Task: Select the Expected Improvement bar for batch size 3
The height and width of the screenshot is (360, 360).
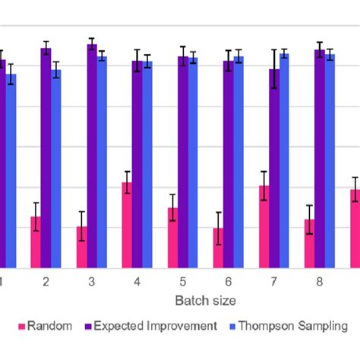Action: click(x=92, y=156)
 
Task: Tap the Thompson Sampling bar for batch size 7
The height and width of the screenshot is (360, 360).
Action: click(x=284, y=160)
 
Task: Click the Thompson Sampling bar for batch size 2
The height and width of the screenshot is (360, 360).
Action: click(x=56, y=168)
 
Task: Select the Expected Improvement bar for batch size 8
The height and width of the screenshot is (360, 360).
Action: click(x=320, y=158)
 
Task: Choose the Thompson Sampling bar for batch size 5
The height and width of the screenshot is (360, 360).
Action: click(x=193, y=162)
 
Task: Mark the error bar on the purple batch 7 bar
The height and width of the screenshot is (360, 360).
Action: click(x=274, y=69)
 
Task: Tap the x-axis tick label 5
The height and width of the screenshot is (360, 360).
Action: click(x=182, y=282)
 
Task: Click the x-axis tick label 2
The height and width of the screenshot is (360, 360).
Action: click(x=46, y=282)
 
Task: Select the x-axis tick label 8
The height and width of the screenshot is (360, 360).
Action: click(x=320, y=282)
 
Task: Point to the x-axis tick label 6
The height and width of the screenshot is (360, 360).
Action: click(x=228, y=282)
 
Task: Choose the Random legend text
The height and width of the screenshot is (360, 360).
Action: click(x=49, y=326)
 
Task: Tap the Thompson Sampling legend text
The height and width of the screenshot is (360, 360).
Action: click(x=292, y=326)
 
